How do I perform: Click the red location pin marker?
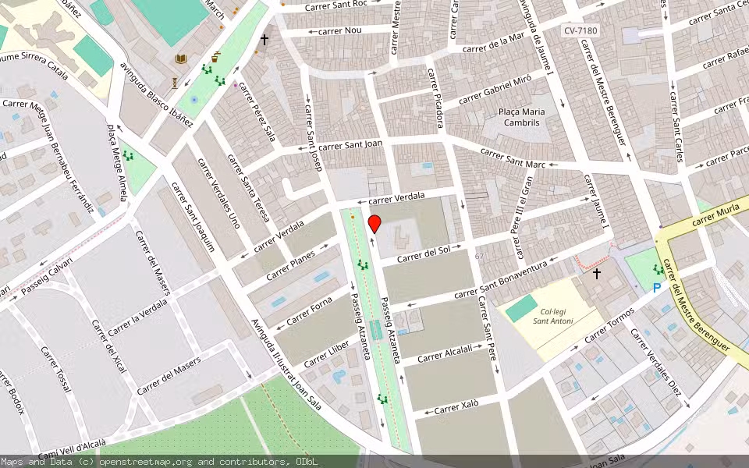tap(374, 225)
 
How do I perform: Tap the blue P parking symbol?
tap(657, 288)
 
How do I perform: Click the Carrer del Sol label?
tap(424, 253)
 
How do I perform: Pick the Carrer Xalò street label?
tap(456, 407)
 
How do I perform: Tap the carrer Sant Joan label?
tap(351, 144)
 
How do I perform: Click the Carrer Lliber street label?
tap(327, 355)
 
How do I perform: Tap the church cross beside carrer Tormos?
tap(597, 274)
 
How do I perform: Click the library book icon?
tap(181, 59)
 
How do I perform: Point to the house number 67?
tap(480, 257)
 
